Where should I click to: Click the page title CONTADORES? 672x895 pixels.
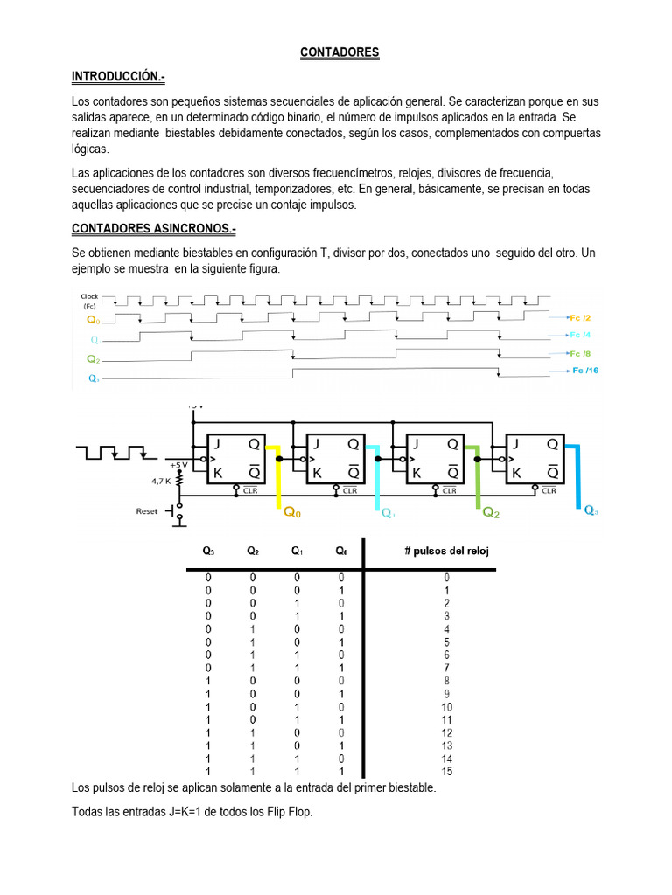(x=339, y=52)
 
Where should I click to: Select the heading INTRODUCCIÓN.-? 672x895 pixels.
(x=118, y=77)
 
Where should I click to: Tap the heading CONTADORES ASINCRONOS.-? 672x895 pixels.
(x=153, y=229)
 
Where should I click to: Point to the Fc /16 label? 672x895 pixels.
(x=584, y=371)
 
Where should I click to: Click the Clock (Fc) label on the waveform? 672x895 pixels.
(x=89, y=301)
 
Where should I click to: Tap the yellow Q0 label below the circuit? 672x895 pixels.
(x=291, y=513)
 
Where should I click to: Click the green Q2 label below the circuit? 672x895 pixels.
(x=492, y=513)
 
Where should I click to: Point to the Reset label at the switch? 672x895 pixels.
(x=148, y=510)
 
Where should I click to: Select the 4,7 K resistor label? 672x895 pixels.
(x=161, y=480)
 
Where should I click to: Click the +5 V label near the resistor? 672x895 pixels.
(x=178, y=464)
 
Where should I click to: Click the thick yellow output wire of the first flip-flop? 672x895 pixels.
(x=278, y=476)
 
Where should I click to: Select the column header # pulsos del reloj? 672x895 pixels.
(x=446, y=551)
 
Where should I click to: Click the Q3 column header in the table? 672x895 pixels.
(x=208, y=551)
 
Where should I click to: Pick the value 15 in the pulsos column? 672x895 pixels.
(x=447, y=772)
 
